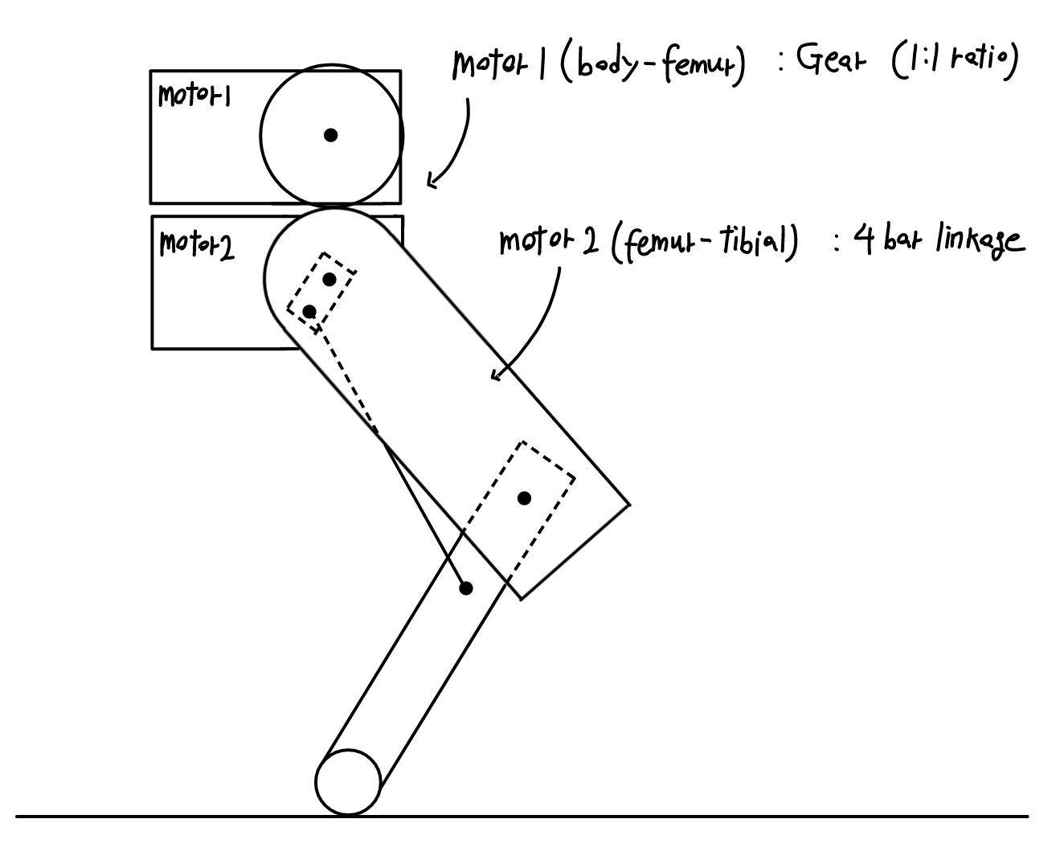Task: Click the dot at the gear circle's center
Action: pos(330,135)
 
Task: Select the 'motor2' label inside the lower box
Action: pos(197,244)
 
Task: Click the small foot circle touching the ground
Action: pos(347,782)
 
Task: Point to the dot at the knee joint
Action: pos(524,498)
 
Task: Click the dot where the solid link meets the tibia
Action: pos(465,588)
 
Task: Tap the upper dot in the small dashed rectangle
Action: pos(329,279)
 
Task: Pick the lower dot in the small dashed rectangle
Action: pos(309,311)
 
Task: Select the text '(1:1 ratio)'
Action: pos(954,62)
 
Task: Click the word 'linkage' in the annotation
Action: pos(980,241)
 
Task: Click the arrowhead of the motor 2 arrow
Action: pos(494,375)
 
